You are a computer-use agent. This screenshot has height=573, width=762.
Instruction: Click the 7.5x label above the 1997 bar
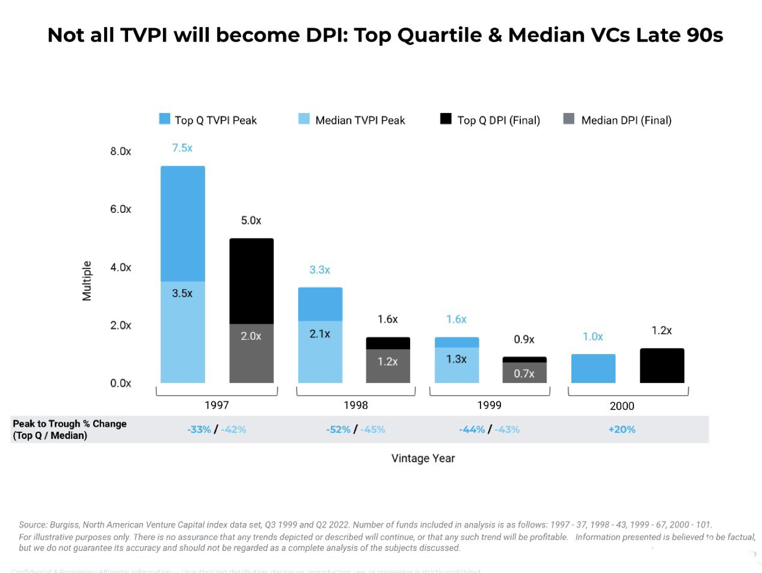tap(182, 148)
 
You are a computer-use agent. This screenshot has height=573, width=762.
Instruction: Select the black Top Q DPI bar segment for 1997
tap(251, 281)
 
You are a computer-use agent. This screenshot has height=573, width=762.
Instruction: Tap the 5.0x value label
tap(251, 221)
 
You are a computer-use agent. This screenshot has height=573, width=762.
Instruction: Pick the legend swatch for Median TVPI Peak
tap(304, 119)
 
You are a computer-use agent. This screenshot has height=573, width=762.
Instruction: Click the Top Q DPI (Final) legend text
tap(498, 120)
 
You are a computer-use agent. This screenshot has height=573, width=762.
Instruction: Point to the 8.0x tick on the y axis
tap(120, 151)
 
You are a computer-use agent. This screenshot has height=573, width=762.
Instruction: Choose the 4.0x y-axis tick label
tap(120, 267)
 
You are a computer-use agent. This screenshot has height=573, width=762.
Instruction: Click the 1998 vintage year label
tap(356, 405)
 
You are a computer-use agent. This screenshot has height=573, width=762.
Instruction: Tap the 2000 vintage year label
tap(622, 406)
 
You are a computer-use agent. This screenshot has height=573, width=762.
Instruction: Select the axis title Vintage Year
tap(423, 458)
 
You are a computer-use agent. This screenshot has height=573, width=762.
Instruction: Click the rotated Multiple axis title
tap(87, 281)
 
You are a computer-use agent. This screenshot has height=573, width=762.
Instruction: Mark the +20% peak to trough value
tap(622, 429)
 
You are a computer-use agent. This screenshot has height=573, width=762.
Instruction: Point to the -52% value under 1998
tap(338, 429)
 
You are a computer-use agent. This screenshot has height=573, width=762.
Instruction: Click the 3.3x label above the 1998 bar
tap(320, 270)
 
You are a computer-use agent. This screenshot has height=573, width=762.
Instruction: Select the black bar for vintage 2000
tap(662, 366)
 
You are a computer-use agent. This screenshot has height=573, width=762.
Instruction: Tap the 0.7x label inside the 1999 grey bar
tap(524, 374)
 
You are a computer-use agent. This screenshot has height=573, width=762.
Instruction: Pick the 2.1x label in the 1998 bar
tap(320, 334)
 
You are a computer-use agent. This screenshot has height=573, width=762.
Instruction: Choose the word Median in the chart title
tap(547, 35)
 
